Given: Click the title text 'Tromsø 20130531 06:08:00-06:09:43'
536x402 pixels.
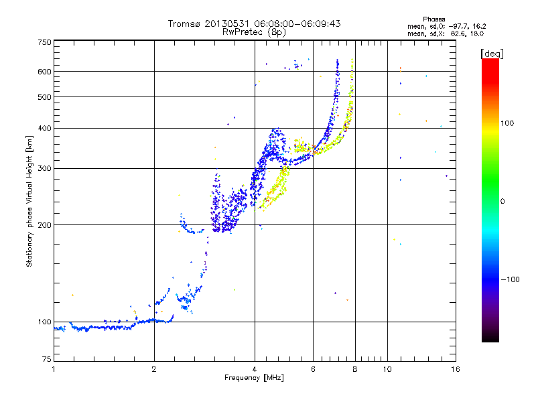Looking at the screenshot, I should pos(254,23).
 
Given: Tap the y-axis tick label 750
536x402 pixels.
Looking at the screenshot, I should pos(45,42).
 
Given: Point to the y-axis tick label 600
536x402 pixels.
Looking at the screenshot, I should pos(45,72).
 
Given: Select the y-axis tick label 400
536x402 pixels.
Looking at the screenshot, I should pos(45,128).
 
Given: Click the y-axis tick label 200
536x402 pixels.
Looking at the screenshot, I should pos(45,225).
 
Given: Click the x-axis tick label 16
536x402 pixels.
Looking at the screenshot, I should pos(454,369).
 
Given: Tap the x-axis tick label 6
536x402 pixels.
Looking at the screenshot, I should pos(313,369).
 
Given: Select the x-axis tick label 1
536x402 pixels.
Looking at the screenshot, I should pos(54,369).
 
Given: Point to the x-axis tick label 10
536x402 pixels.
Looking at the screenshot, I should pos(387,369).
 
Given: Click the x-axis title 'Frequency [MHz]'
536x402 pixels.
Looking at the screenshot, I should pos(254,379).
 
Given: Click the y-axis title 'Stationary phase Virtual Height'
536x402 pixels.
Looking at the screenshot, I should pos(29,201).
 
